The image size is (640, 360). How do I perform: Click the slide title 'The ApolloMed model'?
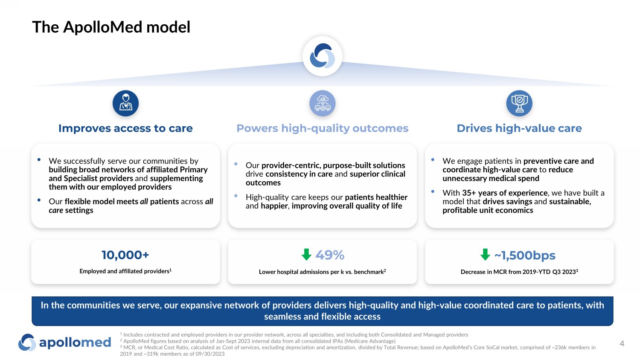(111, 27)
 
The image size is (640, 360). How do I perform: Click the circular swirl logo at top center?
(323, 56)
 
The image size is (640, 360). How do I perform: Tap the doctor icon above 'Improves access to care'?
(125, 103)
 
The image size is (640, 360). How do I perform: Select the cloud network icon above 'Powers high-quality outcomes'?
(323, 103)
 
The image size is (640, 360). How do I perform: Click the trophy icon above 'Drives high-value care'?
(519, 103)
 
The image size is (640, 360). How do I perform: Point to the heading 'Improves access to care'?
(125, 128)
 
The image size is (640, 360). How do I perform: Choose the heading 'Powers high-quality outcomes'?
(323, 128)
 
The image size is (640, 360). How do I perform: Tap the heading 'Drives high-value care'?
(519, 128)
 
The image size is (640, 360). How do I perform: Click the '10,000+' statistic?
(125, 255)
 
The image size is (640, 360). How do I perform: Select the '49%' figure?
(330, 255)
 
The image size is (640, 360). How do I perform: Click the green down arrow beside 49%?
(306, 255)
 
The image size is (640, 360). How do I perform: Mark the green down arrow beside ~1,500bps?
(485, 255)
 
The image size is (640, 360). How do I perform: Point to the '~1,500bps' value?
(525, 255)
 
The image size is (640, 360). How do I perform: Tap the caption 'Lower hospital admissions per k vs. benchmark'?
(322, 272)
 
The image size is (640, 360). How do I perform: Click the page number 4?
(622, 343)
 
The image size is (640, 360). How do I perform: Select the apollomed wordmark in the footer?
(75, 343)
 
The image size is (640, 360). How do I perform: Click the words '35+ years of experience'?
(505, 193)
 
